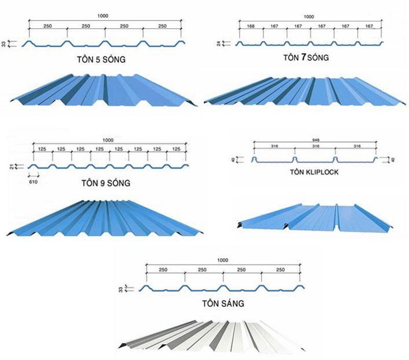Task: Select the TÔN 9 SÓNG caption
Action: [106, 183]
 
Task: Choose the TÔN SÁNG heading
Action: [223, 303]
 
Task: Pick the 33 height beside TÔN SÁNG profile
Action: [121, 289]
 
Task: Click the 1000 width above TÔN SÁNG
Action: [223, 261]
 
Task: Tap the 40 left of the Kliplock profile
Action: [233, 160]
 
